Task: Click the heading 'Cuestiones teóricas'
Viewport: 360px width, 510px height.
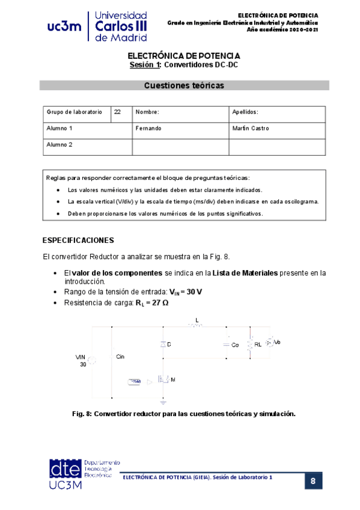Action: (184, 85)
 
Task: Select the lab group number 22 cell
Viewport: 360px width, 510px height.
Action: (118, 112)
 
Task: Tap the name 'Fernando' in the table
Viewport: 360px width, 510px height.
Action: (148, 128)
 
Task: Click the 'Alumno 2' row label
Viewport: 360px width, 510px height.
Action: (59, 145)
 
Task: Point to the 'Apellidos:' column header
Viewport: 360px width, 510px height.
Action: (245, 112)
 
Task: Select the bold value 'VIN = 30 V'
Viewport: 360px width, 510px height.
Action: (186, 292)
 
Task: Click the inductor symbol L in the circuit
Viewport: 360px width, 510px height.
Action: (196, 325)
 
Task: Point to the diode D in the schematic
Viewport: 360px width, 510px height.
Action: (163, 345)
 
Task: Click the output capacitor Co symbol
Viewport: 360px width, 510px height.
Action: (228, 345)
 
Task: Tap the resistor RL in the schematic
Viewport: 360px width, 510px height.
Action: (251, 345)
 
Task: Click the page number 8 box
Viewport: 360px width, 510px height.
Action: (313, 481)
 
